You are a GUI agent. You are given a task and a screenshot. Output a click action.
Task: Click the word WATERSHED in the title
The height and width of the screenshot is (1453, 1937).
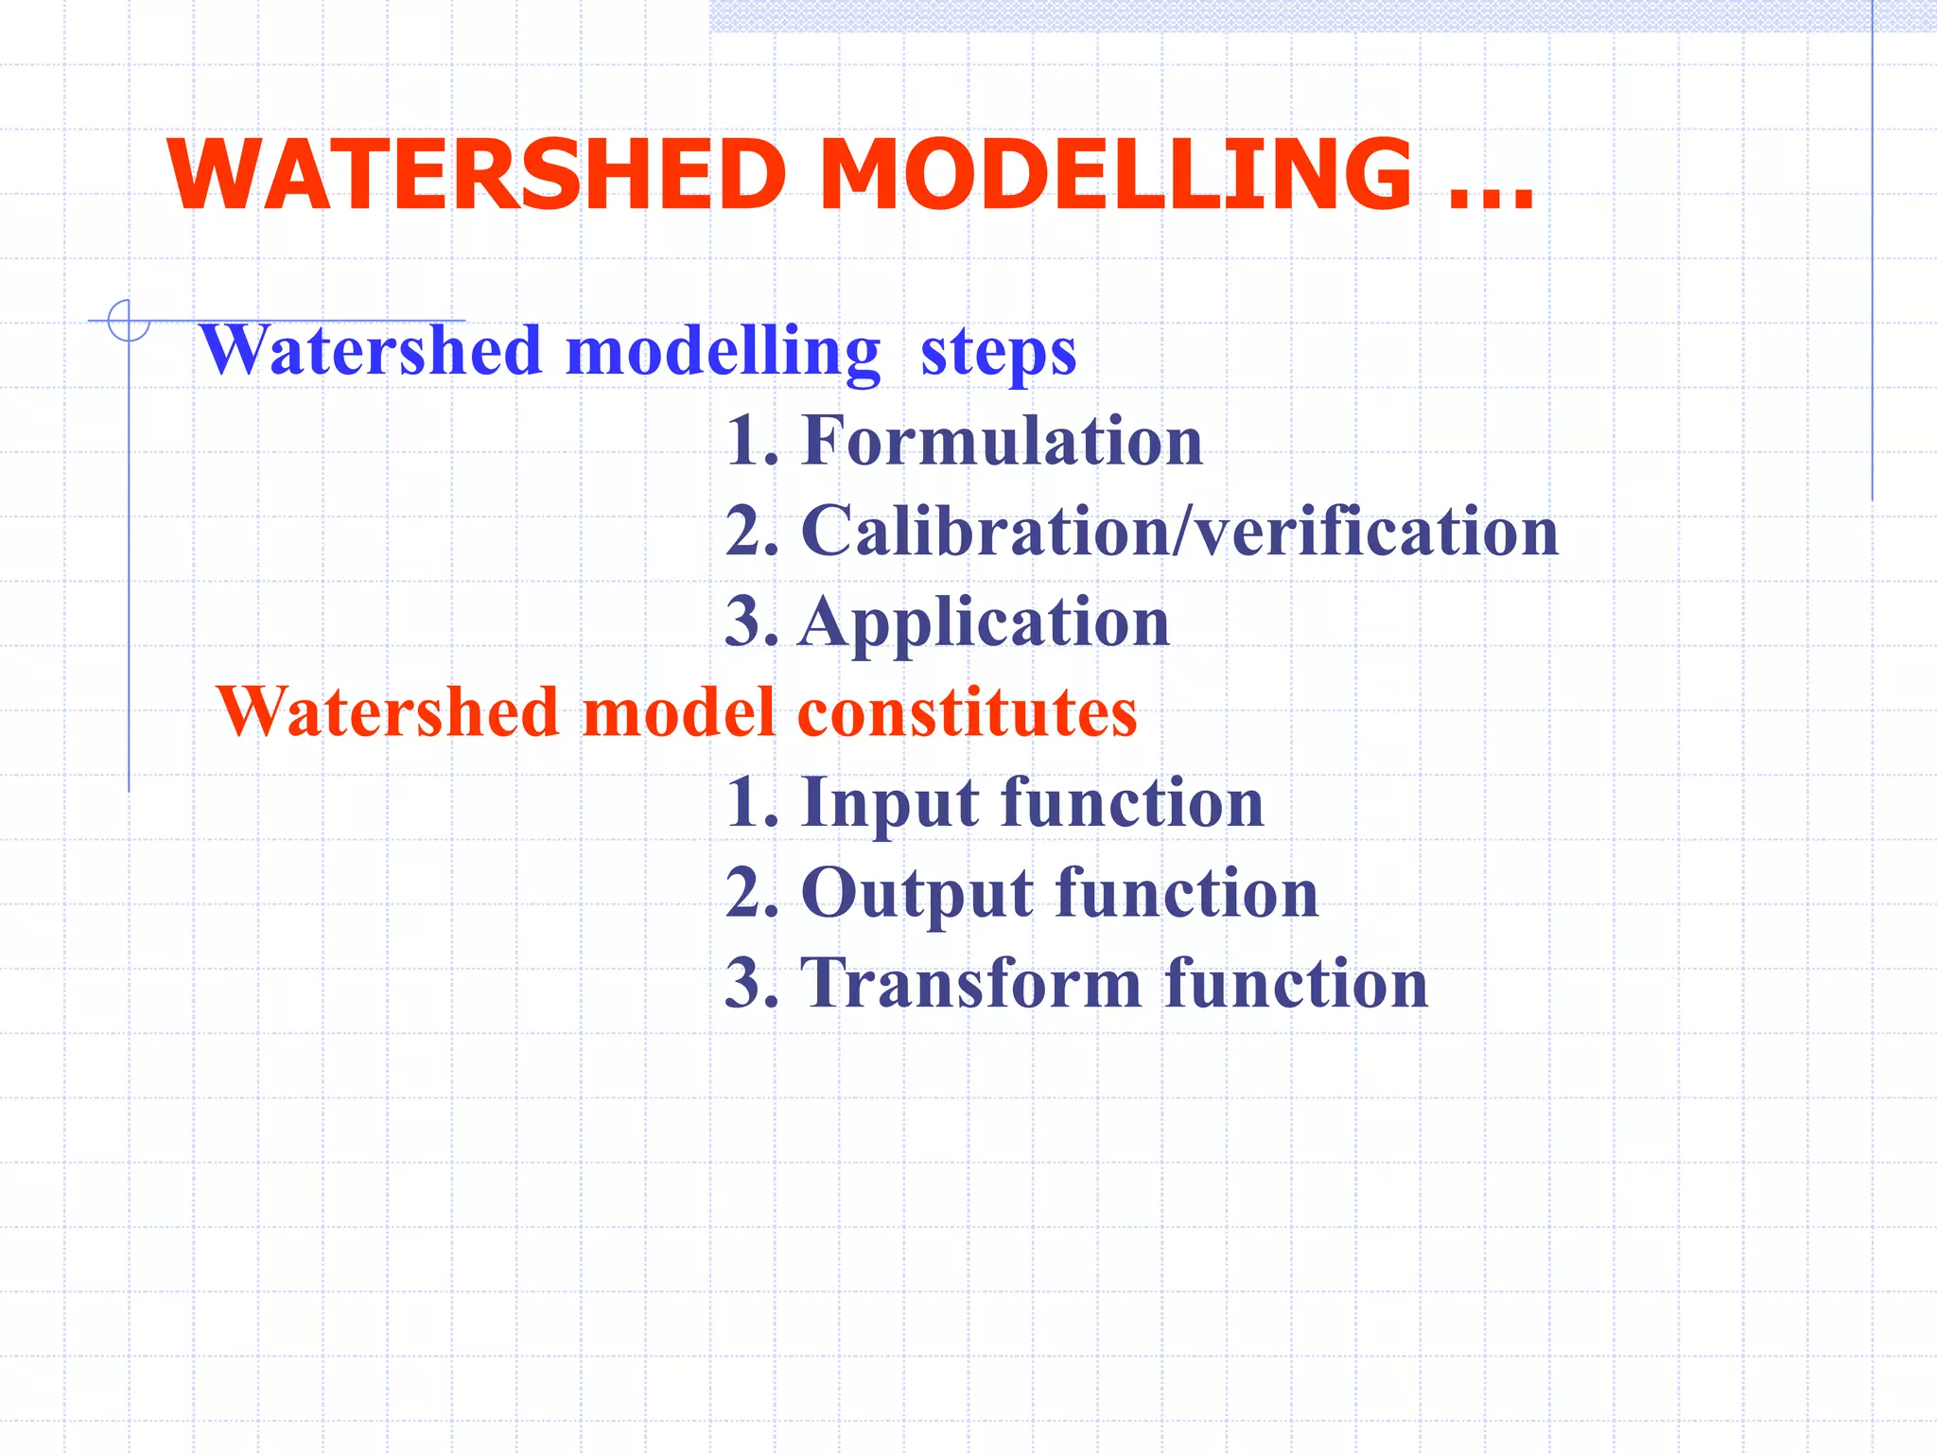point(477,175)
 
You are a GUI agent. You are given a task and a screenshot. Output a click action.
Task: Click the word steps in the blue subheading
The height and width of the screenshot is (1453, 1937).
point(998,352)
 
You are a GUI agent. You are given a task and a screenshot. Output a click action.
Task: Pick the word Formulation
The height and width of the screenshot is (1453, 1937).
point(1002,441)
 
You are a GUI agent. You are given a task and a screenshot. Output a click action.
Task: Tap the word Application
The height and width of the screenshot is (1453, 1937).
point(985,623)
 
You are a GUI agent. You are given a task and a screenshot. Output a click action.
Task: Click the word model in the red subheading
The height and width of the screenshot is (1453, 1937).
point(678,711)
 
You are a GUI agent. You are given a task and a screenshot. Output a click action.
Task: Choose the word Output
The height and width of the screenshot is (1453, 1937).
point(916,893)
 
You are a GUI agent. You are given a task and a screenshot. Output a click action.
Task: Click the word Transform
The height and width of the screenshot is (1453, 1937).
point(971,983)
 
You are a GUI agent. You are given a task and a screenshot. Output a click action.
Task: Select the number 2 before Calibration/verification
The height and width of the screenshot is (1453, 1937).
point(743,531)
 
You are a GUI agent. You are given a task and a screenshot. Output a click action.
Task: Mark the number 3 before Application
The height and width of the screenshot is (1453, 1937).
point(743,622)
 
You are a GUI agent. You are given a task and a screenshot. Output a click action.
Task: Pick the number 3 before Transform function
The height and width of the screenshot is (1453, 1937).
point(743,983)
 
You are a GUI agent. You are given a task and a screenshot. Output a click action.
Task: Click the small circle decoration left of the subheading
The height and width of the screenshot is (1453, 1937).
point(129,320)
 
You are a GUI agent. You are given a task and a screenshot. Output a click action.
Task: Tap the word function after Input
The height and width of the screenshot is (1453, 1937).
point(1132,802)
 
